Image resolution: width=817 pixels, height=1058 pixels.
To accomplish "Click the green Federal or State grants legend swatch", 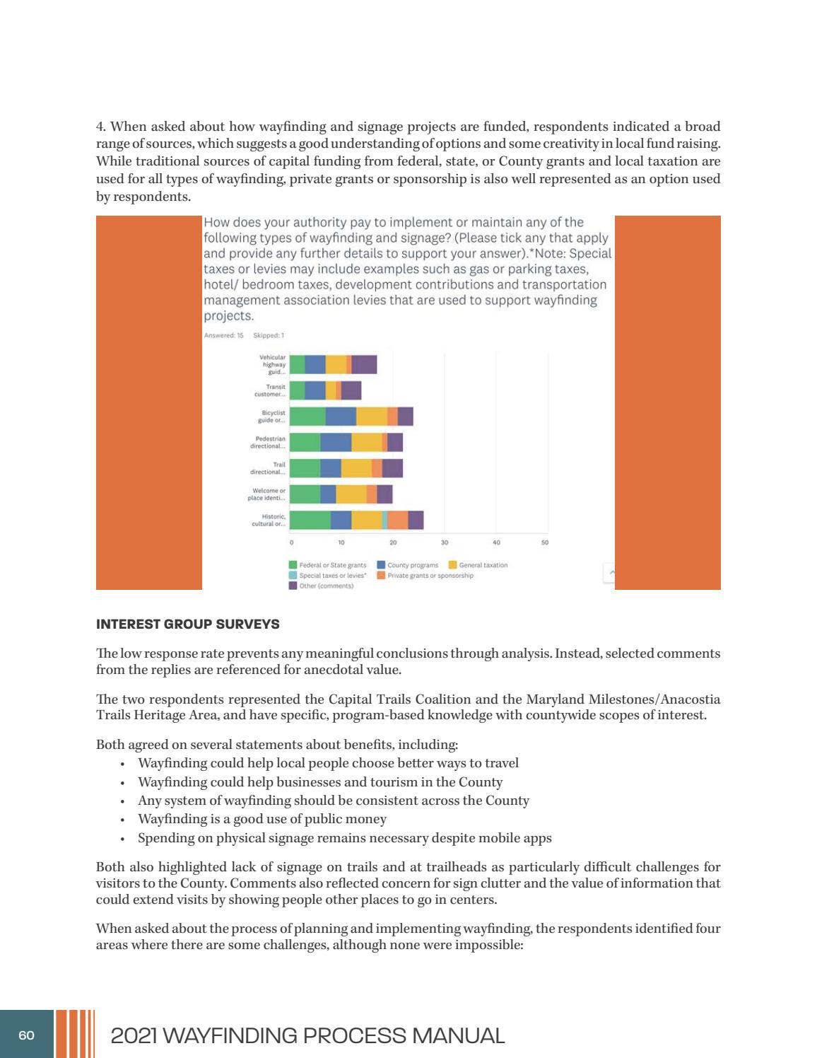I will pyautogui.click(x=293, y=565).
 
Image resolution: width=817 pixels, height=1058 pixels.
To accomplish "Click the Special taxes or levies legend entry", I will pyautogui.click(x=332, y=576).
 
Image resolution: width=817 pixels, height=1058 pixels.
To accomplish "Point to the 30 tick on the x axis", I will pyautogui.click(x=445, y=542).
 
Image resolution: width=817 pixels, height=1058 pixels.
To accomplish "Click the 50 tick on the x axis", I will pyautogui.click(x=545, y=542).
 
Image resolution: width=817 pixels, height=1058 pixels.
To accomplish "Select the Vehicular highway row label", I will pyautogui.click(x=272, y=364).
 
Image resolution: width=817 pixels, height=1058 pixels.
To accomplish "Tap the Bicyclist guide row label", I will pyautogui.click(x=273, y=417).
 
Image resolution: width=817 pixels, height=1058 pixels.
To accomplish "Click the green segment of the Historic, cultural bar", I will pyautogui.click(x=310, y=520).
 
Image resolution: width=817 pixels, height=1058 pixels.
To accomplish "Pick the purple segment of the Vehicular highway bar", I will pyautogui.click(x=364, y=364).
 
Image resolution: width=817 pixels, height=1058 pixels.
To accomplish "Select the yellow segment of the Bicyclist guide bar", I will pyautogui.click(x=371, y=417).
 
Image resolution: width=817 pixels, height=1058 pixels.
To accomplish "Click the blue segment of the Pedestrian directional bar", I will pyautogui.click(x=336, y=442).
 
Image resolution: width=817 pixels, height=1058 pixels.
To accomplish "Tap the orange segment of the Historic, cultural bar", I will pyautogui.click(x=398, y=520).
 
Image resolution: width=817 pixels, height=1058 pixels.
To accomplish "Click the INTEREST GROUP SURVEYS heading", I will pyautogui.click(x=187, y=624).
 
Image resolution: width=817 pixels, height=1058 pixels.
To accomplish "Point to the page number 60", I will pyautogui.click(x=26, y=1035).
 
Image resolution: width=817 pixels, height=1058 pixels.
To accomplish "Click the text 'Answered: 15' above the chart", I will pyautogui.click(x=223, y=335).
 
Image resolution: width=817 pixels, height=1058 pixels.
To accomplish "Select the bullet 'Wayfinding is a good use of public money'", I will pyautogui.click(x=262, y=819).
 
